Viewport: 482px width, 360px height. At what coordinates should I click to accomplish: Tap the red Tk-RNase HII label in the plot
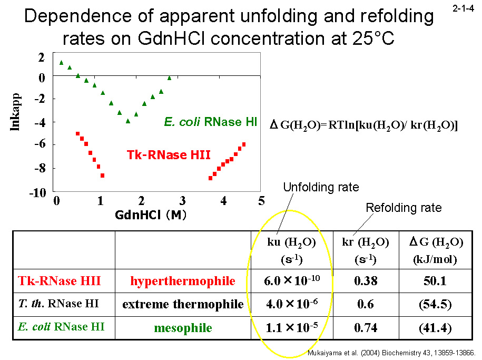[169, 154]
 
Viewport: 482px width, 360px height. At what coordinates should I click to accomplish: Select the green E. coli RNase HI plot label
[210, 122]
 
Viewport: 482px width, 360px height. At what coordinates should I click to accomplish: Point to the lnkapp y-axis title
[15, 124]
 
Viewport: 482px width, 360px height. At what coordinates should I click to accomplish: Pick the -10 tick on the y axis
[38, 193]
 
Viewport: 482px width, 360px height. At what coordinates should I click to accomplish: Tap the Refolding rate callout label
[404, 208]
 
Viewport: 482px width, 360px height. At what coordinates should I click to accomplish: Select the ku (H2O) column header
[291, 250]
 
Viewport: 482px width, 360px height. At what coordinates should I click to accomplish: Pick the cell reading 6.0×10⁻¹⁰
[291, 280]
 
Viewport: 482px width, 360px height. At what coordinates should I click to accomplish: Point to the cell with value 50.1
[435, 281]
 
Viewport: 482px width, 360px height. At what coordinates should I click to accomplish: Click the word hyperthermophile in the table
[183, 281]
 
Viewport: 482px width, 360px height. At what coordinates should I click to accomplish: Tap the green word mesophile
[183, 328]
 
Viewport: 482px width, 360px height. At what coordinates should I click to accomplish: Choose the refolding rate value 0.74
[366, 328]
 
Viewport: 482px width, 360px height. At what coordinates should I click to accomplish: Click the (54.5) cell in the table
[435, 304]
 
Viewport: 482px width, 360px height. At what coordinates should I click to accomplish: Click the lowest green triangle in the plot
[127, 121]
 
